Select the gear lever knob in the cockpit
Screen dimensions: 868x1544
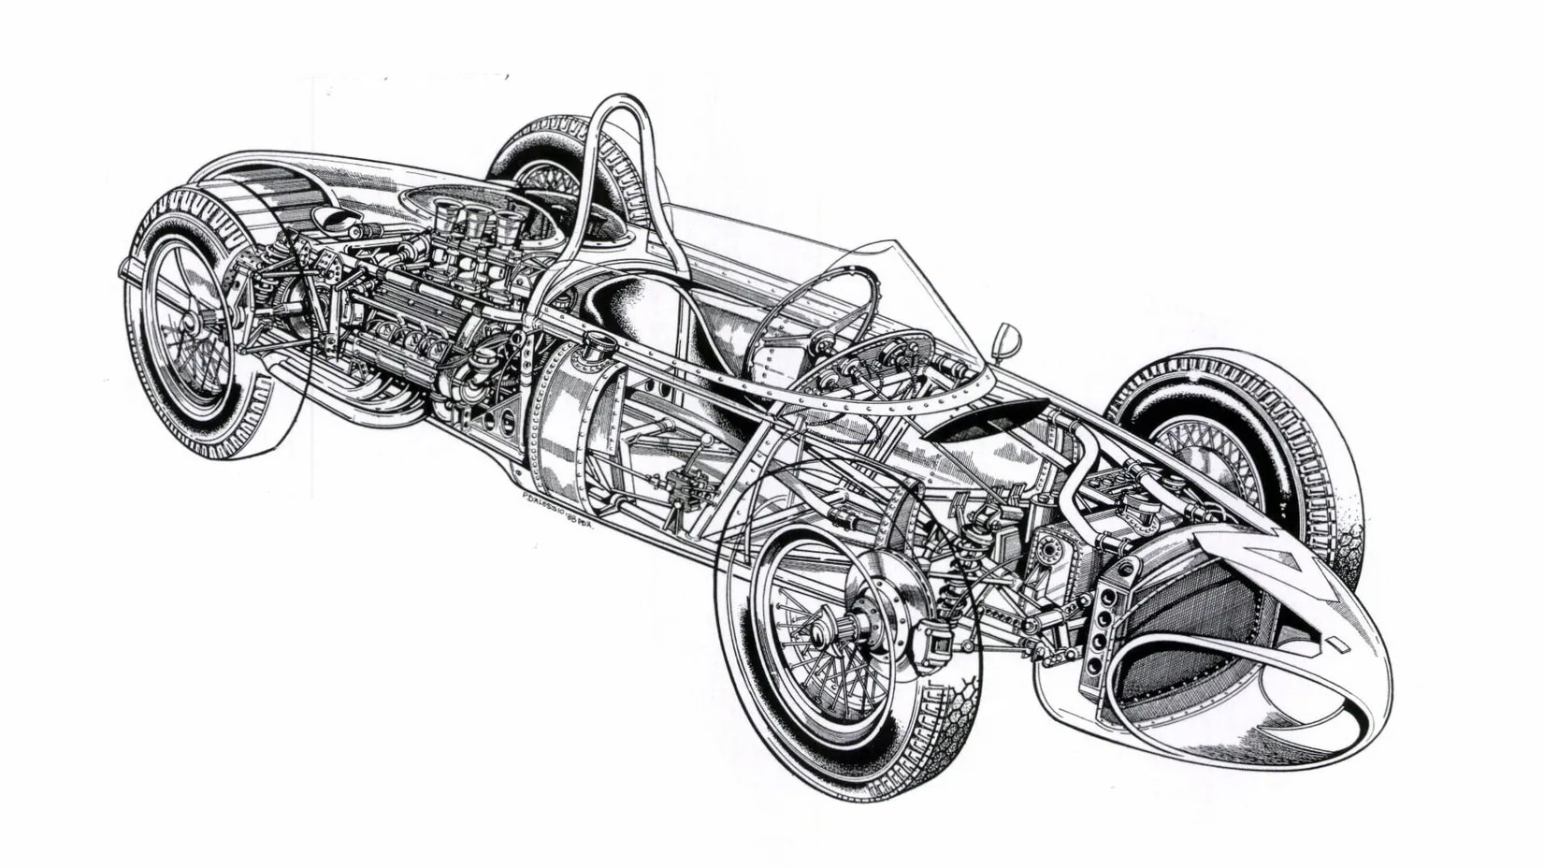click(x=707, y=440)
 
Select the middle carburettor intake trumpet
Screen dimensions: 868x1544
click(x=478, y=223)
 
